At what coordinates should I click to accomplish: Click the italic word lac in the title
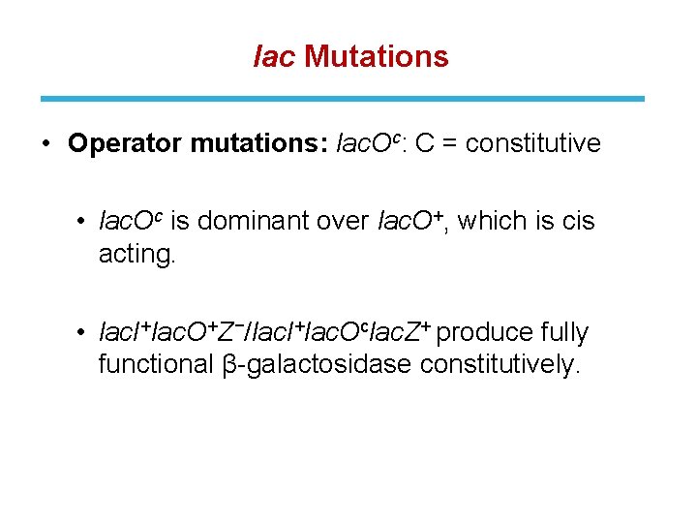click(x=273, y=57)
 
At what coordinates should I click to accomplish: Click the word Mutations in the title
click(x=377, y=57)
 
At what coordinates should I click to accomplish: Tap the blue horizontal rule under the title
click(x=342, y=99)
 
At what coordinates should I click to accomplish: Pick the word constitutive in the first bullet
click(x=533, y=144)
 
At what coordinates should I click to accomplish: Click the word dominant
click(x=256, y=222)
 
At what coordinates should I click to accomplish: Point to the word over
click(x=344, y=222)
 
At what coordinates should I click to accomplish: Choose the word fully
click(x=565, y=333)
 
